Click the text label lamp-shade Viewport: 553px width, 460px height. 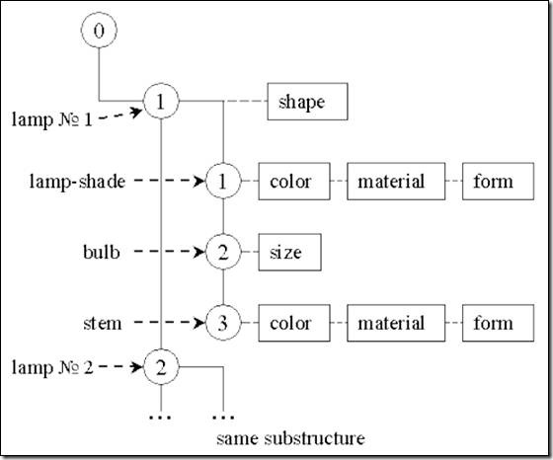tap(77, 182)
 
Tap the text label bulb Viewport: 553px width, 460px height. tap(102, 252)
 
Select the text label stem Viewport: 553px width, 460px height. tap(103, 323)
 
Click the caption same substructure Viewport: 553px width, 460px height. tap(290, 438)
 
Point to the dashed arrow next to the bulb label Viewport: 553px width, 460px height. tap(170, 252)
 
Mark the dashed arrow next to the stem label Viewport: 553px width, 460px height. tap(170, 323)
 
